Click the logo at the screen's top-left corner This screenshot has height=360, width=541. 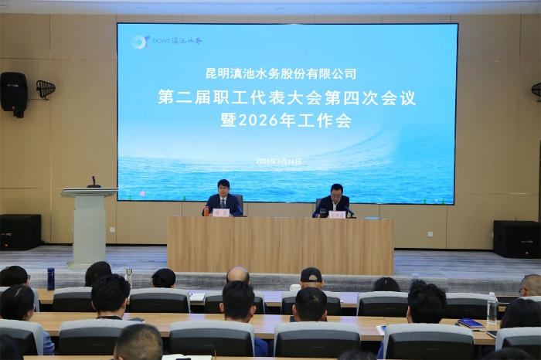tap(140, 42)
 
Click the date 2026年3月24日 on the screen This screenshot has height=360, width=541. tap(279, 161)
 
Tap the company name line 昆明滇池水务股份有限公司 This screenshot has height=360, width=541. tap(281, 74)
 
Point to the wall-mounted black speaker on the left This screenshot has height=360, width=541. tap(13, 93)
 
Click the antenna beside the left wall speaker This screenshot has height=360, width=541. tap(46, 89)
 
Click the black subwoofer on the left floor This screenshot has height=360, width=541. tap(20, 232)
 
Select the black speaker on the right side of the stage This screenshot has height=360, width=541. tap(515, 239)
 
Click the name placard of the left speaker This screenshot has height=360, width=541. tap(221, 212)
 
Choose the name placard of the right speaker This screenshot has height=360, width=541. tap(337, 214)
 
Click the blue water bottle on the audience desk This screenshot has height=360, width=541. tap(50, 279)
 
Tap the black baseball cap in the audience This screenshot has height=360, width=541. tap(311, 274)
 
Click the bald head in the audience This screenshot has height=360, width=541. tap(238, 274)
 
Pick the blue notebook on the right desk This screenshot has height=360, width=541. tap(470, 323)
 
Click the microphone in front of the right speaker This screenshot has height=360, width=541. tap(349, 210)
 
